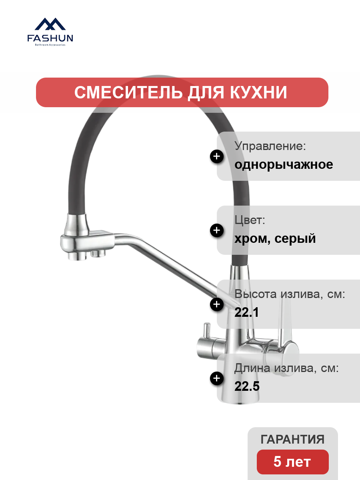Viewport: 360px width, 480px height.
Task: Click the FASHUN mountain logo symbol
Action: [50, 24]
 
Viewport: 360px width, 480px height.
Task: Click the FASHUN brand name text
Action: [50, 38]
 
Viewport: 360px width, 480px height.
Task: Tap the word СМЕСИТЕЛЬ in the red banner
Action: [128, 92]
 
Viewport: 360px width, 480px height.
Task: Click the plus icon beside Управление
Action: [217, 156]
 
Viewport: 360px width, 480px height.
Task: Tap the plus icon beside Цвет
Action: [217, 230]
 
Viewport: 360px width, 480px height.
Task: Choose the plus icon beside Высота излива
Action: [217, 304]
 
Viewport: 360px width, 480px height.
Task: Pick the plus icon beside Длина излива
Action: [217, 378]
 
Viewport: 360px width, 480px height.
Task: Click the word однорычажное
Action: [284, 165]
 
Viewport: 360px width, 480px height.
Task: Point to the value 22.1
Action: [246, 312]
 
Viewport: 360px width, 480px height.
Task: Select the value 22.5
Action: [247, 386]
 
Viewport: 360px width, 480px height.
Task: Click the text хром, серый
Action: [275, 238]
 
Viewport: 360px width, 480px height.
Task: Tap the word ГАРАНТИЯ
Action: [292, 439]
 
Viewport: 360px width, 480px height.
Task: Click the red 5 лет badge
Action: [293, 462]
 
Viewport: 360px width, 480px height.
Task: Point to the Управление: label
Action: [270, 146]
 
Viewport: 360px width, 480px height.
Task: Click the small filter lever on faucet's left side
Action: [207, 331]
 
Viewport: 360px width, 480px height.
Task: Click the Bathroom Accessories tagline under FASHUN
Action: [50, 45]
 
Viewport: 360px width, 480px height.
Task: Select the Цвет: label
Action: [250, 220]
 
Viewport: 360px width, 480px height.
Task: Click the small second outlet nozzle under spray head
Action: [98, 254]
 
